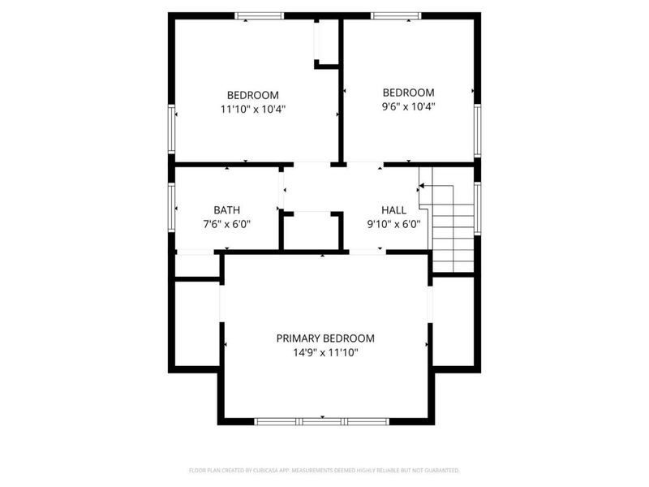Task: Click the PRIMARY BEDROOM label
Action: click(x=325, y=338)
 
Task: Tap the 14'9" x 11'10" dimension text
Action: click(x=325, y=352)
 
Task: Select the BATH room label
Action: click(x=226, y=209)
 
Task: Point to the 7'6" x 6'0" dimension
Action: click(x=226, y=224)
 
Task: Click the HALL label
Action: click(x=393, y=209)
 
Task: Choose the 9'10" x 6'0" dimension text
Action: click(x=393, y=224)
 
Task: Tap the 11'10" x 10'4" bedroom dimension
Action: click(x=252, y=108)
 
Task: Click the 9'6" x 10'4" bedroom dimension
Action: click(x=408, y=106)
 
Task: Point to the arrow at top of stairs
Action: click(x=423, y=187)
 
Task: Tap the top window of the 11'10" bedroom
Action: click(x=260, y=15)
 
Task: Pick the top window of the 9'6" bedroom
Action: click(x=396, y=15)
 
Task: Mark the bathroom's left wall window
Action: click(x=171, y=207)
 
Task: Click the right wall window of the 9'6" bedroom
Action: click(x=478, y=130)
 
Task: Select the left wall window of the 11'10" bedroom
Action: click(x=171, y=128)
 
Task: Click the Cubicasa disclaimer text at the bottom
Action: click(x=324, y=469)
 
